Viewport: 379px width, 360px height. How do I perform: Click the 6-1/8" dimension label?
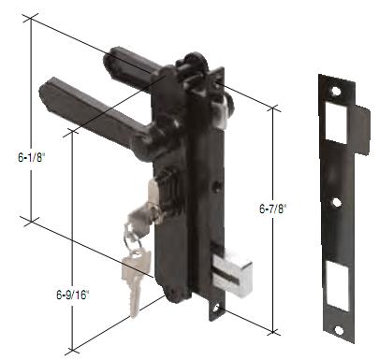[32, 157]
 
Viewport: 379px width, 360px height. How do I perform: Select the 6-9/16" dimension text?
[73, 295]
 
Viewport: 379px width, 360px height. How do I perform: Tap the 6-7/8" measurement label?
[272, 209]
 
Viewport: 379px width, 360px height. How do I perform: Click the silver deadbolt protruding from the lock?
[231, 270]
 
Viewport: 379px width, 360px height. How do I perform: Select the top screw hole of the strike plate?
[336, 91]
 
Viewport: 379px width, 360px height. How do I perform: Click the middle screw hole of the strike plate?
[337, 202]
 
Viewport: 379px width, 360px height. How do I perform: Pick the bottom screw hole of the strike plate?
[339, 330]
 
